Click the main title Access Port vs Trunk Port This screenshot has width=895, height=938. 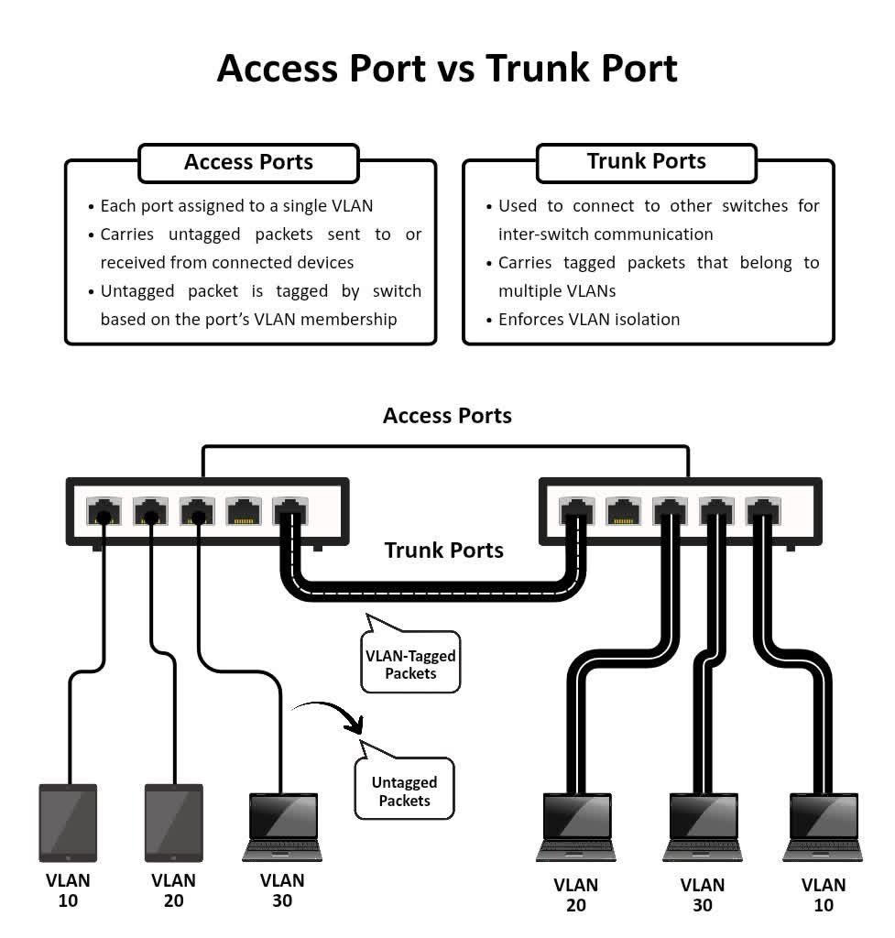pyautogui.click(x=447, y=69)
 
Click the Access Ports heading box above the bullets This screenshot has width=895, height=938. pyautogui.click(x=248, y=162)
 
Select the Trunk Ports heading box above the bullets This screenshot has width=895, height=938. pyautogui.click(x=646, y=161)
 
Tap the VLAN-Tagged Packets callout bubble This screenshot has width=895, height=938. pyautogui.click(x=410, y=664)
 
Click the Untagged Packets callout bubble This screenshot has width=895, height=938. pyautogui.click(x=404, y=791)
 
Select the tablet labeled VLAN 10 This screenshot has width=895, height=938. pyautogui.click(x=68, y=822)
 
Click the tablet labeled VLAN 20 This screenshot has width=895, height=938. pyautogui.click(x=173, y=822)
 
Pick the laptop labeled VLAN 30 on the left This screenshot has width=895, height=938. pyautogui.click(x=282, y=827)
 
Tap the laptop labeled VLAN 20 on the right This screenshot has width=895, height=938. pyautogui.click(x=575, y=827)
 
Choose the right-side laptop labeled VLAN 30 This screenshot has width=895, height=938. pyautogui.click(x=702, y=827)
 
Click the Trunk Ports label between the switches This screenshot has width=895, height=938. pyautogui.click(x=444, y=550)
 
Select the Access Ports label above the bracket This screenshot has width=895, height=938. pyautogui.click(x=447, y=415)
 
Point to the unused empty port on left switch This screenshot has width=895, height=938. pyautogui.click(x=244, y=510)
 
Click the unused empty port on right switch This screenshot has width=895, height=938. pyautogui.click(x=623, y=510)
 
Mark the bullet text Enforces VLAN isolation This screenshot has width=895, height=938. pyautogui.click(x=588, y=319)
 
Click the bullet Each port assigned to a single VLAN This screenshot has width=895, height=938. pyautogui.click(x=236, y=206)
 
